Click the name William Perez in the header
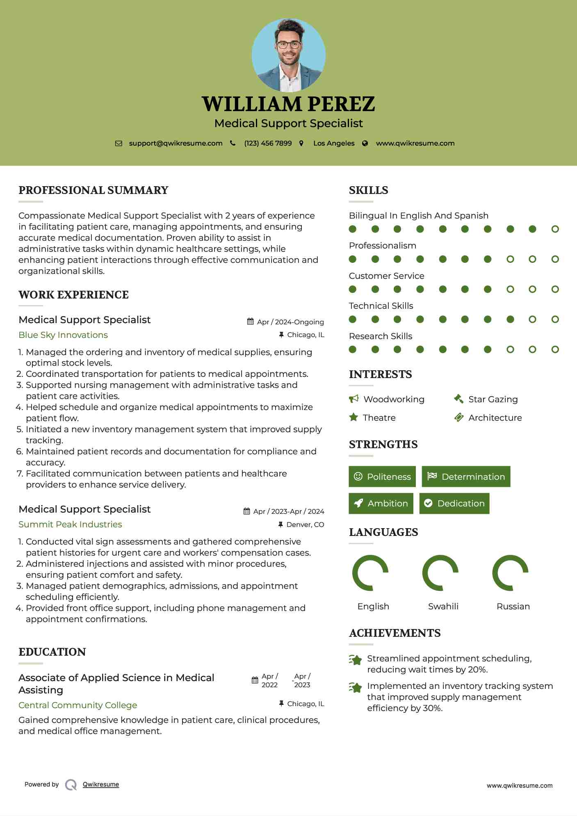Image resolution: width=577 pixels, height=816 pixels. tap(288, 104)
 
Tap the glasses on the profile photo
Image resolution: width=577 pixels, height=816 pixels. tap(289, 45)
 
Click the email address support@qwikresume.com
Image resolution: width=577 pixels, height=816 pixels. tap(176, 144)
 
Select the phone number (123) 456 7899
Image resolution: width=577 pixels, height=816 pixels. tap(268, 144)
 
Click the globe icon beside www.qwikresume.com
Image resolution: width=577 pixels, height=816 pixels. tap(365, 144)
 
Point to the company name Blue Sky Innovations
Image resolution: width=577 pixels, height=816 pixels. tap(63, 335)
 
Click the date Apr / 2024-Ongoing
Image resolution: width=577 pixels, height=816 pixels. tap(290, 322)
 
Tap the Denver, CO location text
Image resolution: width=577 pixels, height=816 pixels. tap(305, 525)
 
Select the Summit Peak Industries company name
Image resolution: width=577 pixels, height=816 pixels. tap(70, 524)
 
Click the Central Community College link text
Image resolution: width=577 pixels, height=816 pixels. tap(78, 705)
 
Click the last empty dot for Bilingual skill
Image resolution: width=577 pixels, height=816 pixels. tap(555, 229)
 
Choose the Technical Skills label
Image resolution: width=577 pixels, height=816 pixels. tap(381, 306)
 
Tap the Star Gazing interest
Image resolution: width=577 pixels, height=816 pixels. tap(493, 399)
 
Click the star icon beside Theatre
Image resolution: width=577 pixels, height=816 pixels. tap(353, 417)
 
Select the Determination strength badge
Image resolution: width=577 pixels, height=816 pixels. tap(466, 476)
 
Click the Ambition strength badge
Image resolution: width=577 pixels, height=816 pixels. tap(381, 504)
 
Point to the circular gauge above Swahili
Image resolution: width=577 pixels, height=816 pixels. tap(440, 573)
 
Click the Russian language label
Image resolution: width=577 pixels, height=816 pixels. tap(513, 606)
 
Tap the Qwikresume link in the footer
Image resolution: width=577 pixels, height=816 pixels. tap(101, 784)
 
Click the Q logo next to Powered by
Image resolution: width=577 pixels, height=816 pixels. tap(71, 785)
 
